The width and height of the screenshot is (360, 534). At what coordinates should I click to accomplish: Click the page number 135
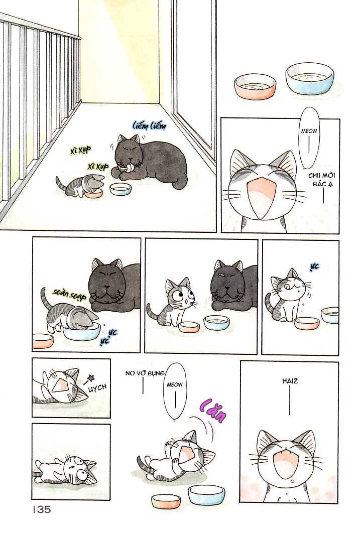[42, 509]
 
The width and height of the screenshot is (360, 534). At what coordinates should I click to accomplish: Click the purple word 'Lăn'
[213, 411]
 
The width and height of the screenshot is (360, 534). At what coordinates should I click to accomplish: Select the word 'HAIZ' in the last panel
[290, 381]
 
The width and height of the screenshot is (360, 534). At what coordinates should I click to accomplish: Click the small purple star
[91, 377]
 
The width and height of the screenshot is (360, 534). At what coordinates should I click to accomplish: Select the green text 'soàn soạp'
[70, 294]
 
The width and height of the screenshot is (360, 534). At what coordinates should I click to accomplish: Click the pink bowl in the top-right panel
[255, 86]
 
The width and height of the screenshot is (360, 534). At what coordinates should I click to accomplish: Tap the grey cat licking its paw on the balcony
[149, 162]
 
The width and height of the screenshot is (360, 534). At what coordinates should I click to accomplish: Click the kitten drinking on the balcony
[79, 186]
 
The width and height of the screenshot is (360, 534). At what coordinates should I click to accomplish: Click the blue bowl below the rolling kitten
[206, 494]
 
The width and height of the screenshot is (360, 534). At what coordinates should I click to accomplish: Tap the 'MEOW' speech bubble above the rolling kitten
[175, 391]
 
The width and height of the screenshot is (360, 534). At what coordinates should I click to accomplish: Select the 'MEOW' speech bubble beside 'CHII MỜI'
[309, 138]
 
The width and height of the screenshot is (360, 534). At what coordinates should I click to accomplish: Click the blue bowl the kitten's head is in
[82, 332]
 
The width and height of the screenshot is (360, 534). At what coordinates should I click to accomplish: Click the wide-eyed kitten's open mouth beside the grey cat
[185, 301]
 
